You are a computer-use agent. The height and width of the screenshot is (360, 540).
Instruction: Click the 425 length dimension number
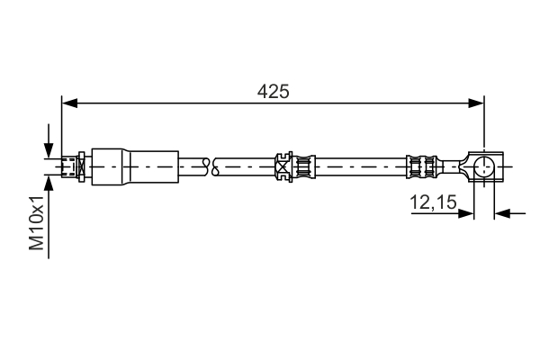[273, 91]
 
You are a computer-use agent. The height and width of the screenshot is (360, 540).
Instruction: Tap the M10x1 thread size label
[37, 225]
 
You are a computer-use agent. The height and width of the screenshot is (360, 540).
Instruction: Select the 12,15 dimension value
[433, 203]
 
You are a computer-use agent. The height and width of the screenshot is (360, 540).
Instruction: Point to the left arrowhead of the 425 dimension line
[67, 104]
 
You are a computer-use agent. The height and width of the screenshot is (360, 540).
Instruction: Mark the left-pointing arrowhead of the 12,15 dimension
[502, 213]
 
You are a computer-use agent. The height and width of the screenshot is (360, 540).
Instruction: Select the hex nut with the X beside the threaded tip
[80, 166]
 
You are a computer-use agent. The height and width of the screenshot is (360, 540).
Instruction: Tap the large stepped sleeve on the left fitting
[130, 166]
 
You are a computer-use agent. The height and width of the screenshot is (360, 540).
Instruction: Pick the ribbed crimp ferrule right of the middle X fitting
[302, 166]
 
